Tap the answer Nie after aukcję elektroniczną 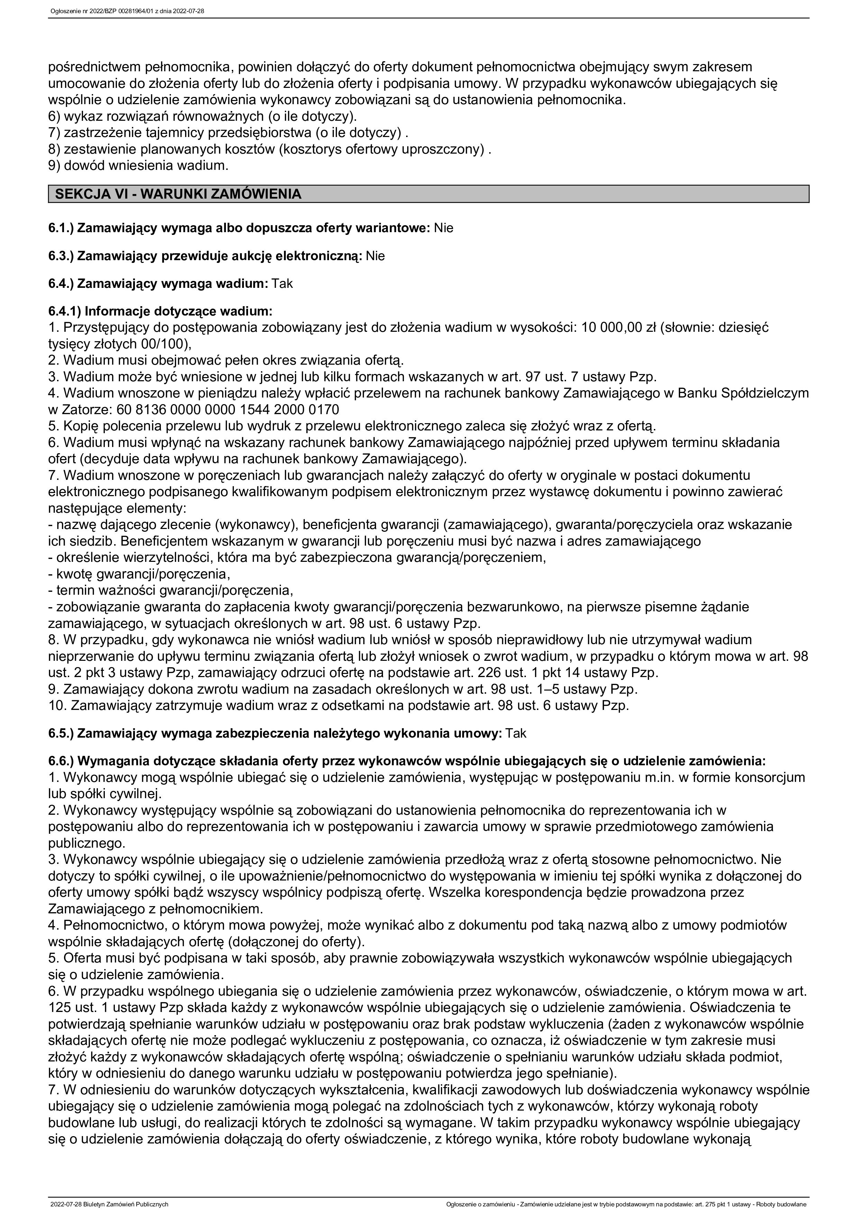(375, 256)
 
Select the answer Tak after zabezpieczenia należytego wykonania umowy (516, 734)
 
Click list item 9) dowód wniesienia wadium (138, 165)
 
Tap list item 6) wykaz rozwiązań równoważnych (202, 116)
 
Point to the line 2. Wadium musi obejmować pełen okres (226, 360)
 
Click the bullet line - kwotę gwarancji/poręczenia (139, 574)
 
